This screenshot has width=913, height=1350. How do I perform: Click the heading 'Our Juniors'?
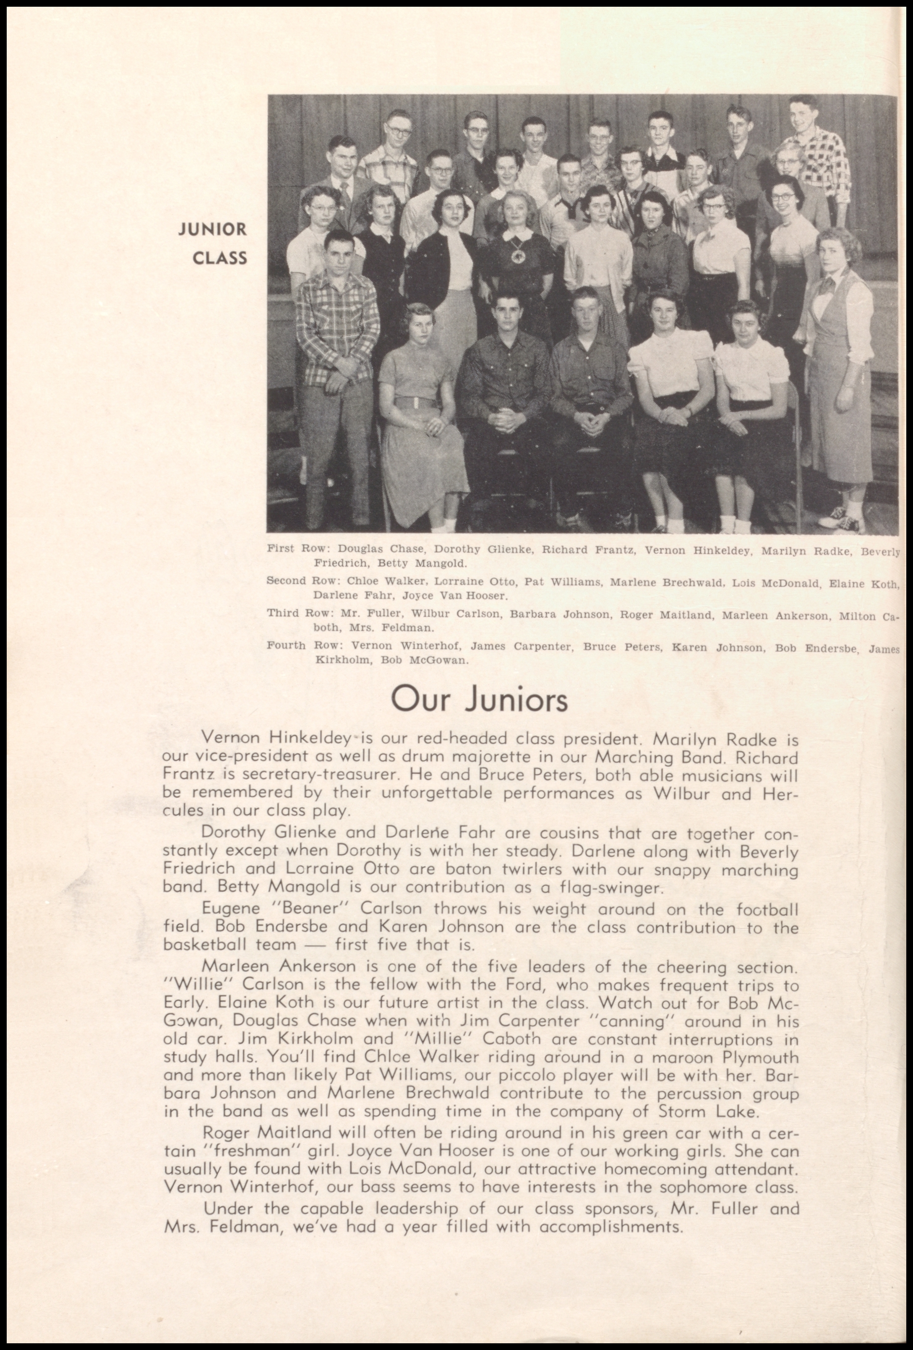[479, 699]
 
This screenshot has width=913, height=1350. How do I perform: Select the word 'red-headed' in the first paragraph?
[448, 739]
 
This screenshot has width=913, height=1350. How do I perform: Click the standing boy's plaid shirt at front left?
[337, 315]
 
